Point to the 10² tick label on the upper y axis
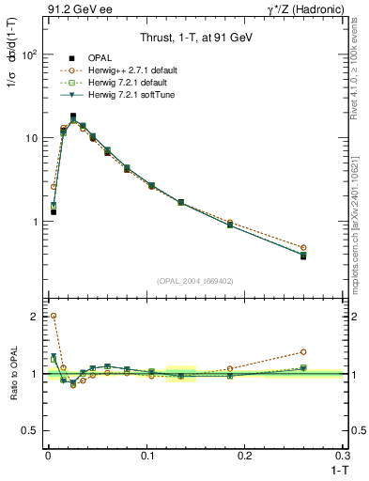point(28,54)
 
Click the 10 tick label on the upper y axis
point(30,138)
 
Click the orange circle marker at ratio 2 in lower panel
point(54,317)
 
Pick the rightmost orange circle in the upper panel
point(302,248)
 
